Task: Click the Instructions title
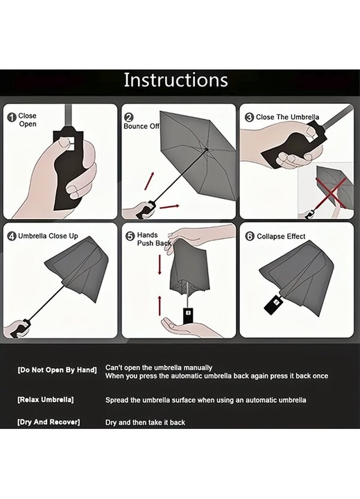click(175, 80)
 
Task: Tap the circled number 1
click(12, 117)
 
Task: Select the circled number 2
click(129, 117)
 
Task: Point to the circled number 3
click(249, 117)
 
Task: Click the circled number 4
click(12, 236)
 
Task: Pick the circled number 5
click(130, 236)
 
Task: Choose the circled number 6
click(250, 236)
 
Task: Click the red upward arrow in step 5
click(160, 306)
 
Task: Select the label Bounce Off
click(142, 126)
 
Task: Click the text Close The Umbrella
click(287, 117)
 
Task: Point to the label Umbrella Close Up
click(48, 236)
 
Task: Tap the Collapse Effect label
click(281, 236)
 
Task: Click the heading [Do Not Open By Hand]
click(57, 370)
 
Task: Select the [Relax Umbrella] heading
click(46, 400)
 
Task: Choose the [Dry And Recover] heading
click(49, 422)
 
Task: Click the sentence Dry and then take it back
click(145, 423)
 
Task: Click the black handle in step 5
click(187, 316)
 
